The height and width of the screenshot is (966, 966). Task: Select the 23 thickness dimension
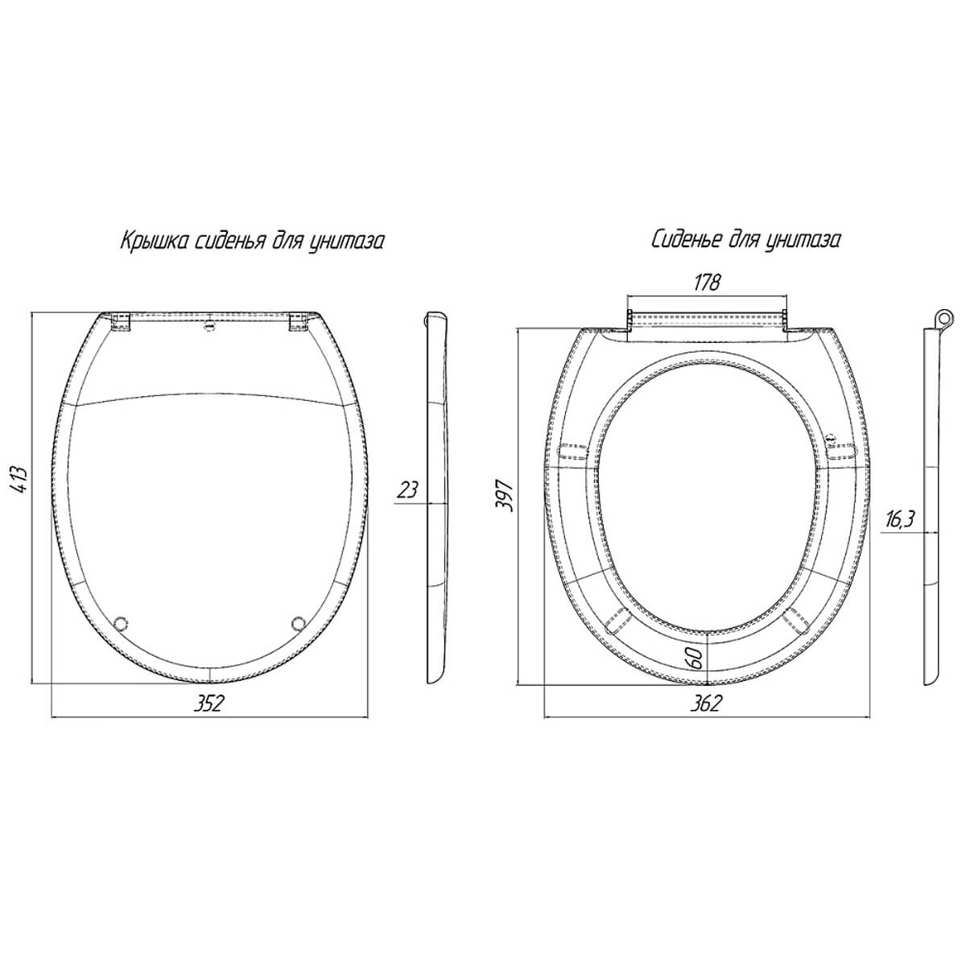click(407, 489)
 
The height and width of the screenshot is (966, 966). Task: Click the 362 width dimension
click(706, 704)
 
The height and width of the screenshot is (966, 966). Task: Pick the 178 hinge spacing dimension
click(707, 283)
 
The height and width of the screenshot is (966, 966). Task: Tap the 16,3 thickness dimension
click(900, 520)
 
